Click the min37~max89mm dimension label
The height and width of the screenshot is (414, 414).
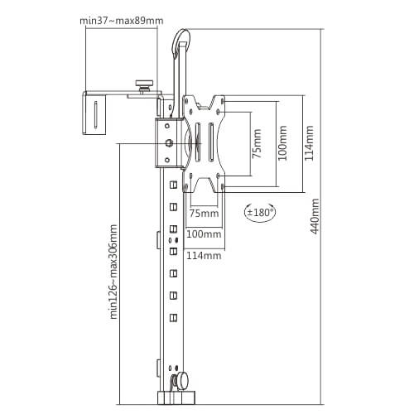point(122,21)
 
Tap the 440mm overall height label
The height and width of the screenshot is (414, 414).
point(315,216)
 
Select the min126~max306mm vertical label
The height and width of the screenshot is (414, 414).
point(113,272)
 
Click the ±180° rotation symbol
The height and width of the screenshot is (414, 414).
point(260,213)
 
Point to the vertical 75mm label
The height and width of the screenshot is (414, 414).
point(257,143)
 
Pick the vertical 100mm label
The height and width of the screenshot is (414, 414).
point(282,143)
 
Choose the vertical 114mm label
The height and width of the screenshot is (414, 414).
point(309,143)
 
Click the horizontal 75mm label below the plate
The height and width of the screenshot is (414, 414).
point(204,213)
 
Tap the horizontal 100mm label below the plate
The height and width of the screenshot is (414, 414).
point(204,234)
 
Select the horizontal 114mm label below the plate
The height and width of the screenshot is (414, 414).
point(204,256)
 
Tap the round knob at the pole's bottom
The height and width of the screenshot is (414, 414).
point(182,381)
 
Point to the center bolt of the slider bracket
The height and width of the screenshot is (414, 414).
point(169,143)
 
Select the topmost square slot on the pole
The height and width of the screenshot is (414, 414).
point(173,185)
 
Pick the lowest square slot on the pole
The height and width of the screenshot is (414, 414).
point(173,318)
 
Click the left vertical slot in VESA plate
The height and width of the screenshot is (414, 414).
point(198,142)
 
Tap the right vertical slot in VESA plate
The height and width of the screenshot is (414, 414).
point(211,142)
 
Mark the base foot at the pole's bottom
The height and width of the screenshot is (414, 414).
point(176,397)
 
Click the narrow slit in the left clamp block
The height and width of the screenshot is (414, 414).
point(95,114)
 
